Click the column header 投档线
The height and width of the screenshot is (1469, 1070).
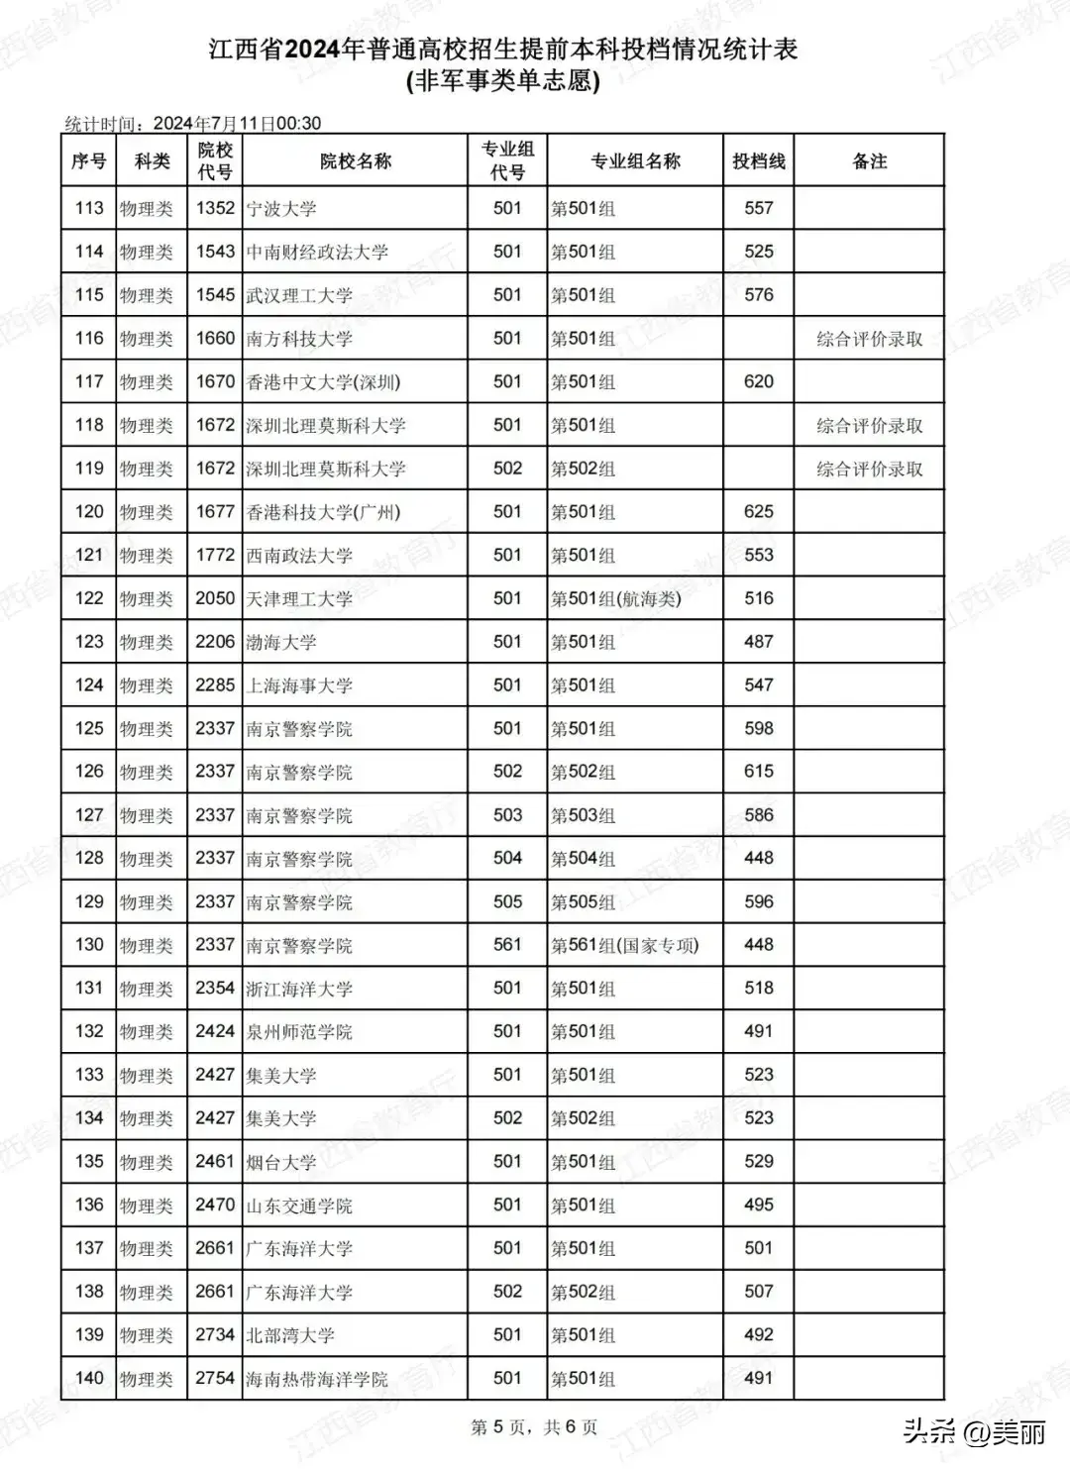(758, 161)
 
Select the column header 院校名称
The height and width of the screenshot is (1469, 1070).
(355, 161)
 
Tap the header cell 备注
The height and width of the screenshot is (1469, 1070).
(869, 161)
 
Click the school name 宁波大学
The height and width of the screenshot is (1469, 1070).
(281, 209)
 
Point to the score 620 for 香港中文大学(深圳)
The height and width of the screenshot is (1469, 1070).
(758, 381)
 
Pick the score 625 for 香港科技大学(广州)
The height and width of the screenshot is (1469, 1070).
(758, 512)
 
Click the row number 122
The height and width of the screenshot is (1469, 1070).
(89, 598)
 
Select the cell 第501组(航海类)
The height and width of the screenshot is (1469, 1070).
(615, 598)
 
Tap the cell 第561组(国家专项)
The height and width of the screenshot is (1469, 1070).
(624, 945)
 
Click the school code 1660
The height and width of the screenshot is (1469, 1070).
(215, 339)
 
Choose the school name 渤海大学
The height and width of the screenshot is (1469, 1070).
(281, 642)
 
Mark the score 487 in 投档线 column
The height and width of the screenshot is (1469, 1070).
(758, 642)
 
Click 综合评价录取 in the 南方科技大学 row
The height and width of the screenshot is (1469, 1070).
(869, 339)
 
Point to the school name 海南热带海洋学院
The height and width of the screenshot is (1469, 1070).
(317, 1379)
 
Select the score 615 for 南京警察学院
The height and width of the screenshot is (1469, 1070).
(758, 772)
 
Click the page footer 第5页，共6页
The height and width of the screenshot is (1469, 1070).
(534, 1427)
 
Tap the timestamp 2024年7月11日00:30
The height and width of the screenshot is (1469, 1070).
(237, 124)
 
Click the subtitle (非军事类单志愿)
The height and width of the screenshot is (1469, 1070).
(502, 81)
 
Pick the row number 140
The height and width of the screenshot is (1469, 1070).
(89, 1378)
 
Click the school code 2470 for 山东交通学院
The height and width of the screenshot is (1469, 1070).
(215, 1205)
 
